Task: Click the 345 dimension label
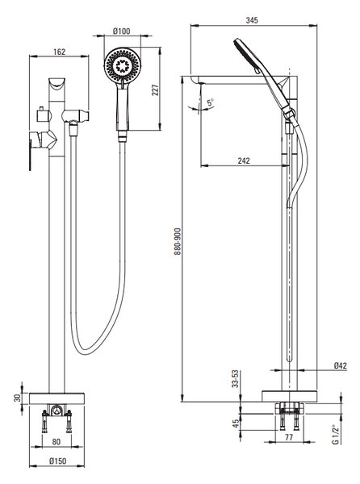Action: (252, 20)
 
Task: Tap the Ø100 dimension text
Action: (122, 31)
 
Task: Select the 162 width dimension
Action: (59, 52)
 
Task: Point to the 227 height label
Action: (155, 90)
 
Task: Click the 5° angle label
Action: (211, 102)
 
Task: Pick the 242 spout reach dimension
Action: (244, 161)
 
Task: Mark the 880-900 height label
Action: (178, 241)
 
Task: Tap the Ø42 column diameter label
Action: (341, 365)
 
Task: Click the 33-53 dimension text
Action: (236, 379)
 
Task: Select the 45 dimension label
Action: (236, 423)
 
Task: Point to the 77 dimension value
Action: (288, 437)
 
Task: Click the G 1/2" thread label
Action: (335, 434)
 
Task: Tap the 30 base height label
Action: (18, 398)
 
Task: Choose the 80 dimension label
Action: (57, 442)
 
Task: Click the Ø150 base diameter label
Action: (58, 461)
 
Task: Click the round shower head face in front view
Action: (123, 65)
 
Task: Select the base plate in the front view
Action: (57, 398)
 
